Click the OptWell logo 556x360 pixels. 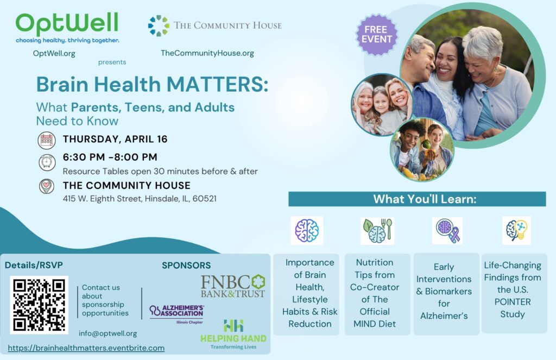click(x=67, y=28)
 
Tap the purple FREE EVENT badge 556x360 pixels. click(x=376, y=34)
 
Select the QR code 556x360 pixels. click(x=39, y=305)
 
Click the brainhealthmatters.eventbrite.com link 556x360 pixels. click(x=86, y=348)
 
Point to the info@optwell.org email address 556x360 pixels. click(x=108, y=333)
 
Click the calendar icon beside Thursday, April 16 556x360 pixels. click(x=47, y=140)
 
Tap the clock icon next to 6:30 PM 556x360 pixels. click(x=47, y=162)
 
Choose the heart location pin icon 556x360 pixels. click(x=47, y=186)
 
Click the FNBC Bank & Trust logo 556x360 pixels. click(x=233, y=286)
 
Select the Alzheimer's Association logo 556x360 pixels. click(x=176, y=313)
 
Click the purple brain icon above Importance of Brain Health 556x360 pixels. click(x=307, y=231)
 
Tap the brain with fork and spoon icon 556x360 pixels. click(x=377, y=231)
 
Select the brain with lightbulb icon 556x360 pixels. click(x=517, y=231)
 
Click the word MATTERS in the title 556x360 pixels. click(x=217, y=84)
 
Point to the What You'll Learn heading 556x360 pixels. click(x=425, y=199)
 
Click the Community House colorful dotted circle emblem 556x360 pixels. click(x=159, y=26)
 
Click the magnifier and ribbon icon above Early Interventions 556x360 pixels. click(x=447, y=231)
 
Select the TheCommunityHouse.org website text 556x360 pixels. click(x=207, y=53)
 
